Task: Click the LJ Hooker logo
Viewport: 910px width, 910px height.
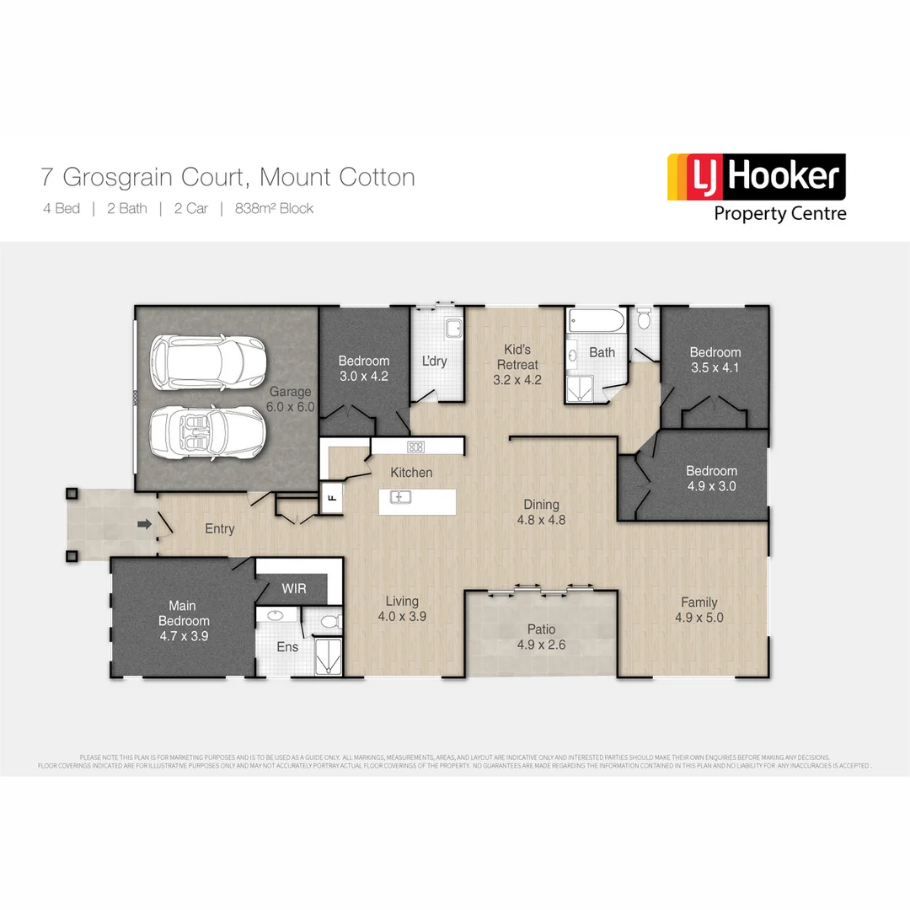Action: [756, 187]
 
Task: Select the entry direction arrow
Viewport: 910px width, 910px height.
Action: [144, 525]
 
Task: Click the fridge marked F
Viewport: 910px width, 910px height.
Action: [332, 497]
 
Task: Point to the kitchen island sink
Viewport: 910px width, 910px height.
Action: [399, 497]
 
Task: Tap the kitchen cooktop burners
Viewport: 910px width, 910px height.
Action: [415, 447]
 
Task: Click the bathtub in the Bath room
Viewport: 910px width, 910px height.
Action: [596, 321]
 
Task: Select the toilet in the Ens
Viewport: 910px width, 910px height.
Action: [329, 622]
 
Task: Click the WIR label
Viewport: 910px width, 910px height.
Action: [294, 587]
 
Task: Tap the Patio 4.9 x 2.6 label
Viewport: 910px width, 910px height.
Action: [541, 637]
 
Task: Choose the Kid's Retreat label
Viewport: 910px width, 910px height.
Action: [517, 364]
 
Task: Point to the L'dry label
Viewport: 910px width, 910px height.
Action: [434, 361]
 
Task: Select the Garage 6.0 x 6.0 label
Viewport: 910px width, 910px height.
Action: [291, 399]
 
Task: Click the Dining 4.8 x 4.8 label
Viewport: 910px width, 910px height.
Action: [541, 511]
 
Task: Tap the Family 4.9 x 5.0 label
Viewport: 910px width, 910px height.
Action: [699, 609]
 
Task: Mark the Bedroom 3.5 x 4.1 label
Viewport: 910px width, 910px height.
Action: [715, 360]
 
